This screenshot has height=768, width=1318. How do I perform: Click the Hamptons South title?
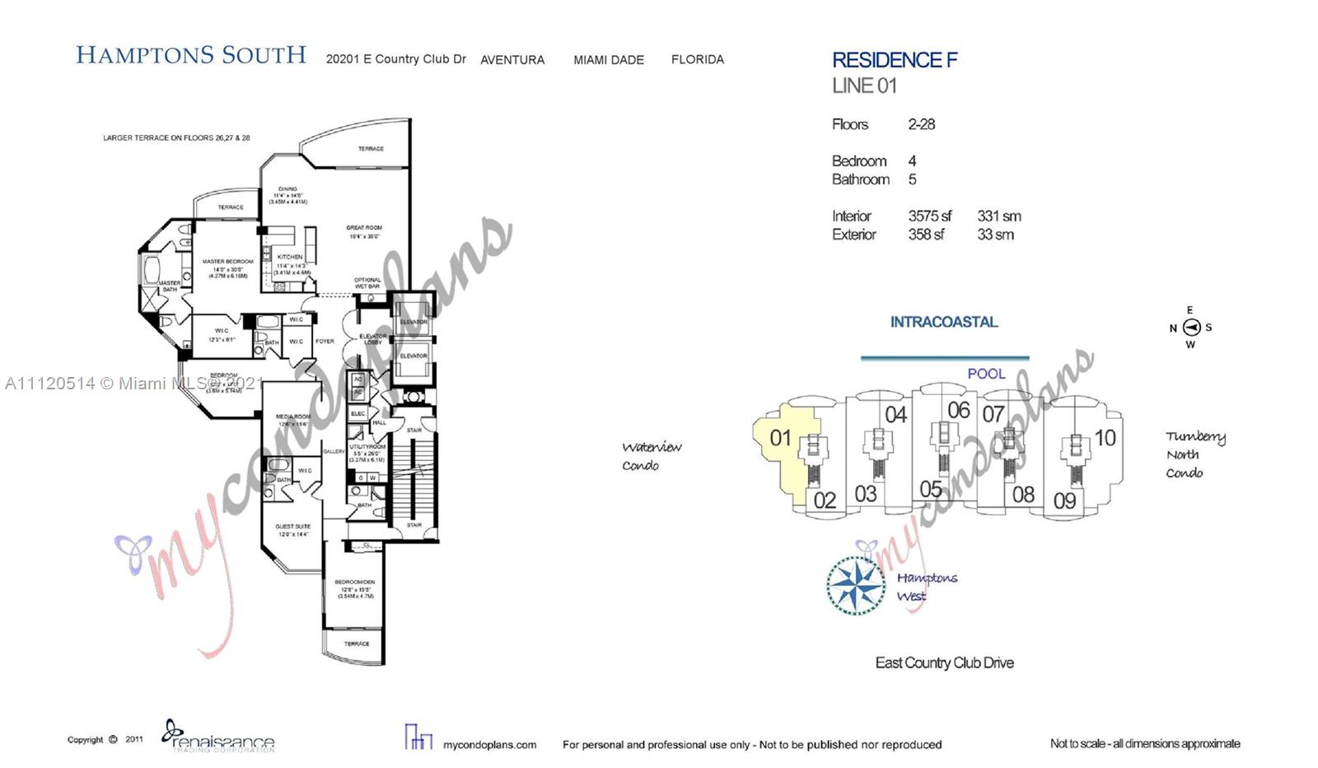pos(191,56)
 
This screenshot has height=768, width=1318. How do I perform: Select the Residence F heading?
pos(895,60)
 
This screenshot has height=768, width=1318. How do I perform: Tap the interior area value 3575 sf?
pos(929,216)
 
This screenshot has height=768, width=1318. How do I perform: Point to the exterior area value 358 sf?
pos(926,235)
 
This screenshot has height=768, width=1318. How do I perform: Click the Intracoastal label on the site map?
pos(943,322)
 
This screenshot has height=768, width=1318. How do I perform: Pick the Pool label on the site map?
pos(986,374)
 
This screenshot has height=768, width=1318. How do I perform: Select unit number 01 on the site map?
pos(780,438)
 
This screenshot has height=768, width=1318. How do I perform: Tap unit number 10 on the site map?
pos(1105,438)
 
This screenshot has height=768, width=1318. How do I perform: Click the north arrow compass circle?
pos(1191,328)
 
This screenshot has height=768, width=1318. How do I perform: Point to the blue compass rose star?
pos(856,585)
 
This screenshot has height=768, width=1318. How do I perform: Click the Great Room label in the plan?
pos(363,228)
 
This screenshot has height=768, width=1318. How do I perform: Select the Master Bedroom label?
pos(227,262)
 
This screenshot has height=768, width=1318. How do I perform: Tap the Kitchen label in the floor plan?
pos(290,257)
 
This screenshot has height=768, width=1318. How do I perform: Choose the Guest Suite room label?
pos(292,526)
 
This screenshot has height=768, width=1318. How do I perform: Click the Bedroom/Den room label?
pos(355,582)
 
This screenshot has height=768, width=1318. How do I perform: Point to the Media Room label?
pos(293,417)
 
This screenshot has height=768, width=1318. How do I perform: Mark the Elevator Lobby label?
pos(372,338)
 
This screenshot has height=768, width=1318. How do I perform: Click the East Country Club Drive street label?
pos(944,663)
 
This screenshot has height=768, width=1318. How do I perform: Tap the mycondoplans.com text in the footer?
pos(489,745)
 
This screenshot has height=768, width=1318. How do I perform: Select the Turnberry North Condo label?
pos(1194,454)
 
